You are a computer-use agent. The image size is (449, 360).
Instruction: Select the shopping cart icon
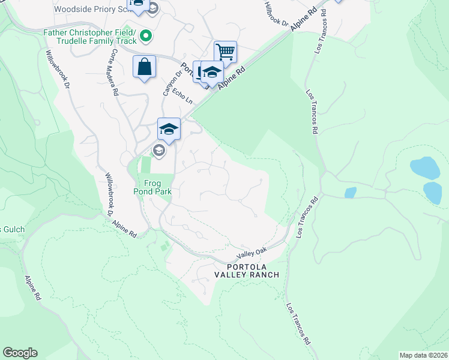pyautogui.click(x=225, y=52)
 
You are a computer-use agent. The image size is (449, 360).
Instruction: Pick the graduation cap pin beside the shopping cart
pyautogui.click(x=211, y=73)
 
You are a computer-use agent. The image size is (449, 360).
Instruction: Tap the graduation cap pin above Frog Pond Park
pyautogui.click(x=169, y=129)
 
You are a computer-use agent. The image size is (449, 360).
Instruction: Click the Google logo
pyautogui.click(x=20, y=353)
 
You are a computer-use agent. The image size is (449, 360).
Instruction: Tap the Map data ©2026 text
pyautogui.click(x=423, y=355)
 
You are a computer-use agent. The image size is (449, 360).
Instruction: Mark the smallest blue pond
pyautogui.click(x=351, y=193)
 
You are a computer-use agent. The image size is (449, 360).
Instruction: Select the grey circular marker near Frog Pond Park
pyautogui.click(x=159, y=151)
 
